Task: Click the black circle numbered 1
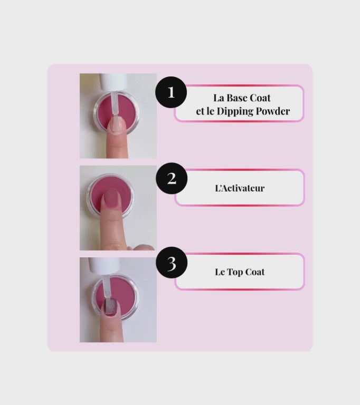[x=171, y=92]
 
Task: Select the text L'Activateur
[x=240, y=188]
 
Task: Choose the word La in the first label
[x=219, y=98]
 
